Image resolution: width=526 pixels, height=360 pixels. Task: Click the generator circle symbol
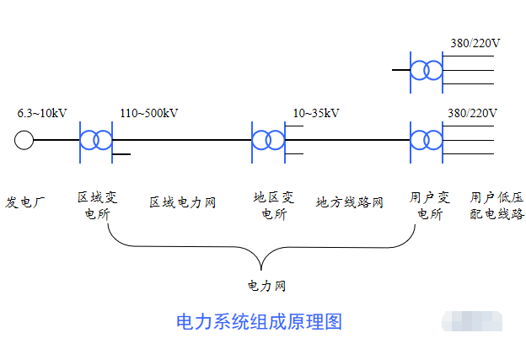[24, 140]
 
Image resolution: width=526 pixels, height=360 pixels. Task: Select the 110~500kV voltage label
[149, 113]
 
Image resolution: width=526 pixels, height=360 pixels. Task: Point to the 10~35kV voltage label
[316, 113]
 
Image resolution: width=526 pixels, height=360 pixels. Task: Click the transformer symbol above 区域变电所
[95, 139]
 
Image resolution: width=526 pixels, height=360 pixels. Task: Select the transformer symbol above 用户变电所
[427, 139]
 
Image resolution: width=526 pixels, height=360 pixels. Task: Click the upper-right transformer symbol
[427, 70]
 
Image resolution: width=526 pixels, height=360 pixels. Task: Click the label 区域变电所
[97, 206]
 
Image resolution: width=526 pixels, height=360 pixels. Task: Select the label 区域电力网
[183, 202]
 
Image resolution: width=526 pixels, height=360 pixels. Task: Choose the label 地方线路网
[350, 202]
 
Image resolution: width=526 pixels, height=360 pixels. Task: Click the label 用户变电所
[430, 206]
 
